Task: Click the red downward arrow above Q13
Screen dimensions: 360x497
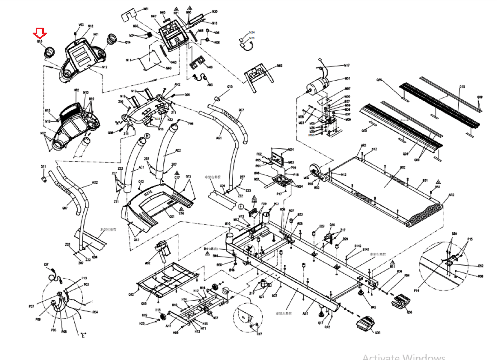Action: point(40,32)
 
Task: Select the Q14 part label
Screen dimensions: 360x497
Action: point(128,43)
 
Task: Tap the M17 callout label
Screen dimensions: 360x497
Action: point(347,65)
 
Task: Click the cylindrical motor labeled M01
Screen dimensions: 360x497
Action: point(317,84)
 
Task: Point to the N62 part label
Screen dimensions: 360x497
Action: point(280,66)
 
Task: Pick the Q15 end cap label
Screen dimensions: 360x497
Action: point(230,87)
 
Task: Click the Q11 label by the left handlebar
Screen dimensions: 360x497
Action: point(43,167)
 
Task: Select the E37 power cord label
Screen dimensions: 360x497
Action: point(46,264)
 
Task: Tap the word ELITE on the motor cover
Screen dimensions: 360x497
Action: point(148,193)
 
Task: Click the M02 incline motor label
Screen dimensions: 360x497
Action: point(148,263)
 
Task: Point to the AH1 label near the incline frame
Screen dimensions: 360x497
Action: point(168,326)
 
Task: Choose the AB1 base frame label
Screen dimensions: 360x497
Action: point(305,314)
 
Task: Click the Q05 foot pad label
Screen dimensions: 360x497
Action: point(377,333)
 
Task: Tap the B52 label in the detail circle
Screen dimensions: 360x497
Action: point(481,266)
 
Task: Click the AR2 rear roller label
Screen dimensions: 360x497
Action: point(451,195)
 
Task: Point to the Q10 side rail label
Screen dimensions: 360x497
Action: point(462,87)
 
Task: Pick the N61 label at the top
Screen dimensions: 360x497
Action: point(146,9)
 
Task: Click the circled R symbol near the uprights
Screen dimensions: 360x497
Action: point(147,136)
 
